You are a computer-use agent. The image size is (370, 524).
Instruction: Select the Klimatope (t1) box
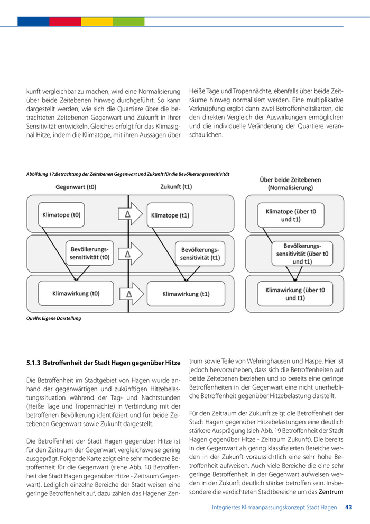click(170, 215)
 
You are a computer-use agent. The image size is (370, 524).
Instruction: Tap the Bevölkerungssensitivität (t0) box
click(89, 253)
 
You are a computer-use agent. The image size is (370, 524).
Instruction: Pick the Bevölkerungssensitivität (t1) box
click(200, 253)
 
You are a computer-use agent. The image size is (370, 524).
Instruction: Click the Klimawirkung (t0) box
click(76, 293)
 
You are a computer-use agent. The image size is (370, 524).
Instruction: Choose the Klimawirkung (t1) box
click(186, 294)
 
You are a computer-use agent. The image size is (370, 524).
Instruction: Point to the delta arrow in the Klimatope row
click(130, 214)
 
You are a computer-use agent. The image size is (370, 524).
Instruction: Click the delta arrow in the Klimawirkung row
click(130, 293)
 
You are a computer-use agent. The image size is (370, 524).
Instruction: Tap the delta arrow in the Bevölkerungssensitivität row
click(130, 254)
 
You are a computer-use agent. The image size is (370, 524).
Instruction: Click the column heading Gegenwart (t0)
click(76, 187)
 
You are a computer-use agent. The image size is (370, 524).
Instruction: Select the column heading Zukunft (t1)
click(176, 187)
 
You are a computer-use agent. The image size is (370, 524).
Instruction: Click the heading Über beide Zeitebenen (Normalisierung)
click(290, 183)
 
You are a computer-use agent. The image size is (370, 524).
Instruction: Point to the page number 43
click(348, 507)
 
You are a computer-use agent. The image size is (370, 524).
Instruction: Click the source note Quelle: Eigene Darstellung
click(53, 319)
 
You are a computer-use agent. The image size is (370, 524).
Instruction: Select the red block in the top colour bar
click(65, 22)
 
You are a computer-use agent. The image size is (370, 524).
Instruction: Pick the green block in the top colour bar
click(128, 22)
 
